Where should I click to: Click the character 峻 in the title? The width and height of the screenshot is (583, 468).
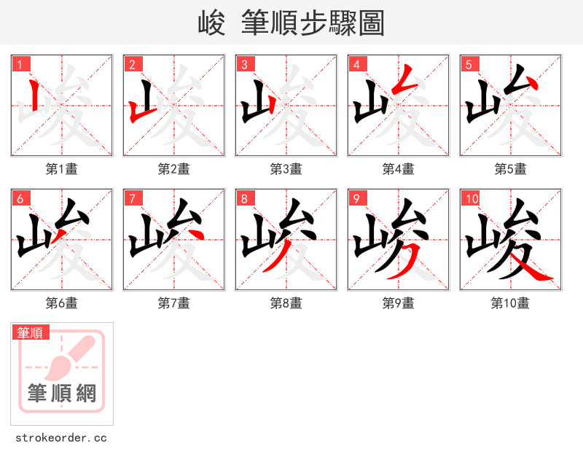tap(211, 23)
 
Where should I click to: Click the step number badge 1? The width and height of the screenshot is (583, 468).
tap(20, 64)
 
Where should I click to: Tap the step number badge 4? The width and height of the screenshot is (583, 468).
tap(356, 64)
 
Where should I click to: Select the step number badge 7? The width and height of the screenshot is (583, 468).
tap(132, 198)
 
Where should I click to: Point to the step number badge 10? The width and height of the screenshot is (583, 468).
tap(472, 198)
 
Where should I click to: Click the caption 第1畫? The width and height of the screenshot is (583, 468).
tap(62, 168)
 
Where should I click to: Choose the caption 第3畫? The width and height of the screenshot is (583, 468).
tap(286, 168)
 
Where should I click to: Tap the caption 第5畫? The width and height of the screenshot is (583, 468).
tap(511, 168)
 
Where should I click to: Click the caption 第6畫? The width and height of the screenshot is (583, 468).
tap(62, 303)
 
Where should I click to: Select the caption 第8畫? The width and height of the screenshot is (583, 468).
tap(286, 303)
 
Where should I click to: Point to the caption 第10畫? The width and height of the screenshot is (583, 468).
tap(511, 303)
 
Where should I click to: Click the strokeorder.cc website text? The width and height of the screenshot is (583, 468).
tap(61, 437)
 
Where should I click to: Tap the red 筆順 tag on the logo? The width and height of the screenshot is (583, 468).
tap(31, 332)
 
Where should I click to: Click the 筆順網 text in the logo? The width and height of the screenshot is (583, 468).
tap(62, 394)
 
